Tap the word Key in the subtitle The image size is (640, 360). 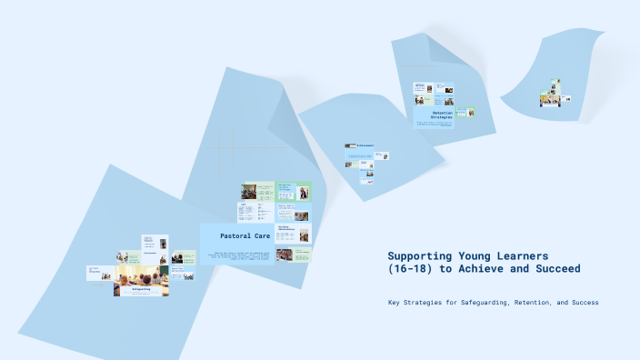point(394,302)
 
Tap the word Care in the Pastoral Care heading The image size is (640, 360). point(263,236)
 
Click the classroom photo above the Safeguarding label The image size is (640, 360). point(141,275)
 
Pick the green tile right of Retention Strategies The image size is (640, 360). point(465,112)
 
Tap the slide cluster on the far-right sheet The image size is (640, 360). point(550,94)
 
